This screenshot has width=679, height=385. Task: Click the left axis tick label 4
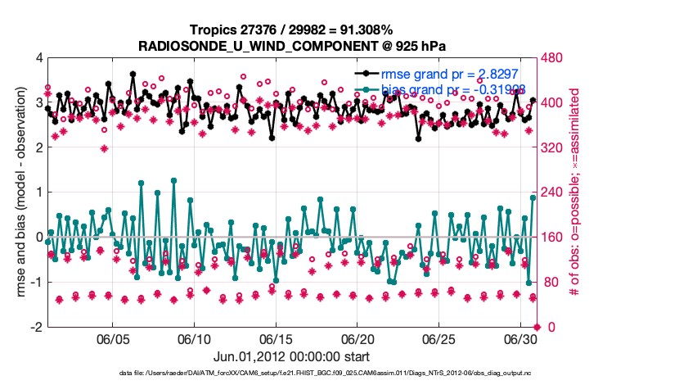tap(38, 58)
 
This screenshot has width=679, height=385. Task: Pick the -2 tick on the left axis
tap(35, 328)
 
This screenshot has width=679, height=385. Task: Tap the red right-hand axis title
tap(586, 192)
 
